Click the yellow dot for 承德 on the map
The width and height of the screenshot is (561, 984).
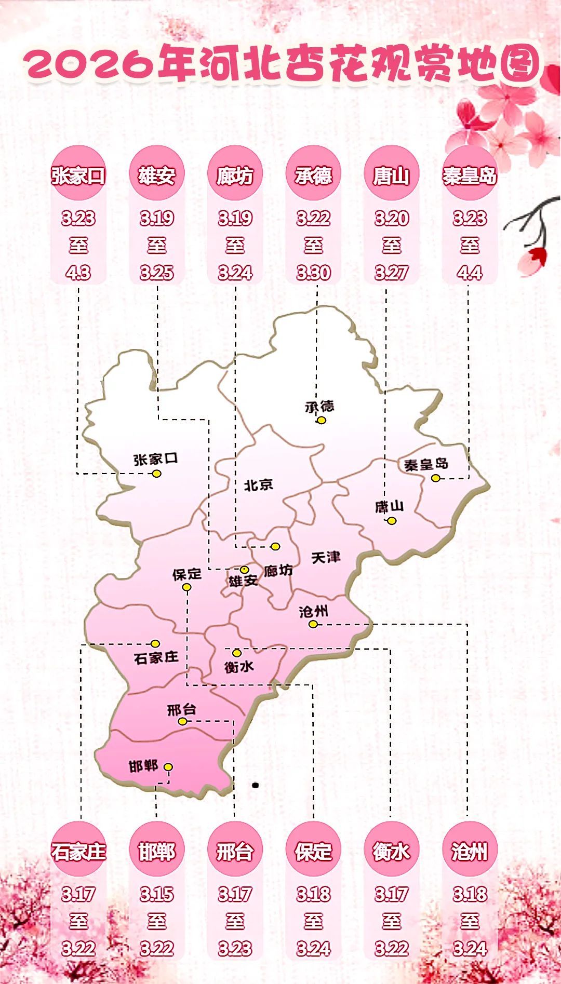pyautogui.click(x=322, y=420)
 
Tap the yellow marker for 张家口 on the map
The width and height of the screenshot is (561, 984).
pyautogui.click(x=156, y=474)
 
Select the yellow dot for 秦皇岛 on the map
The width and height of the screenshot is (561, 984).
pyautogui.click(x=436, y=478)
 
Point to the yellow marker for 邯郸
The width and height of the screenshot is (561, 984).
pyautogui.click(x=168, y=767)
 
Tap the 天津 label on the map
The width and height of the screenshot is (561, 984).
pyautogui.click(x=326, y=558)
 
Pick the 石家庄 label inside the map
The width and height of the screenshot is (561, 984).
pyautogui.click(x=156, y=658)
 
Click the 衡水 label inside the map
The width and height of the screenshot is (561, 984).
pyautogui.click(x=239, y=666)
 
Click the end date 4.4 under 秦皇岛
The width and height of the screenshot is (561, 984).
pyautogui.click(x=470, y=273)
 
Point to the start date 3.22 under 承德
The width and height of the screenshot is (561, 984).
pyautogui.click(x=313, y=218)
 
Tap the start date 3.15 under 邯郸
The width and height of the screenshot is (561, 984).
pyautogui.click(x=156, y=894)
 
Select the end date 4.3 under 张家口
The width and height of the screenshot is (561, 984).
pyautogui.click(x=78, y=273)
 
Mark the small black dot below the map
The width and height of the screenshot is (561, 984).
pyautogui.click(x=255, y=785)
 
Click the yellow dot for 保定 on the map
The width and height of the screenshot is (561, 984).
pyautogui.click(x=186, y=587)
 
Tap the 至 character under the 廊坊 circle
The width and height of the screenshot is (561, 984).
pyautogui.click(x=235, y=245)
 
